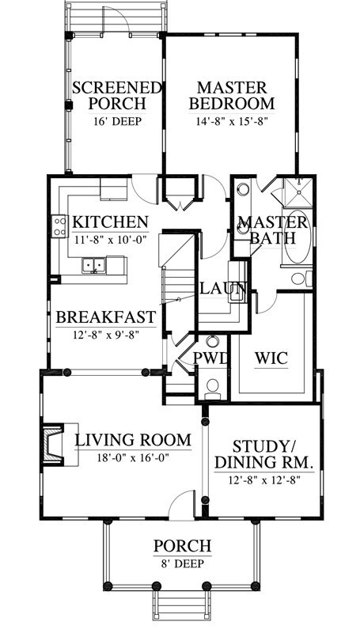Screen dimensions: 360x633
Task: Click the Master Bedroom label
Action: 232,96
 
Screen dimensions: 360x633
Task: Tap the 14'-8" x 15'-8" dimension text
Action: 232,121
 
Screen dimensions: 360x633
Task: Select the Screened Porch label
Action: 116,96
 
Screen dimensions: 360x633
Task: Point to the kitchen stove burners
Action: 59,226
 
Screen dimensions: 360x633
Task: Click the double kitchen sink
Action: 93,265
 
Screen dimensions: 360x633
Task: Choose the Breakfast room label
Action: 106,317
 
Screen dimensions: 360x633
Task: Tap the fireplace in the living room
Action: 53,445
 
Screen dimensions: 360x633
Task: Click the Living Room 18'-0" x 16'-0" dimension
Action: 133,458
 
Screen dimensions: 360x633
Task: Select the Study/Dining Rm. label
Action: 264,454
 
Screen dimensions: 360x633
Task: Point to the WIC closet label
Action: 271,358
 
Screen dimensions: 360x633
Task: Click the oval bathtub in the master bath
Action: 297,237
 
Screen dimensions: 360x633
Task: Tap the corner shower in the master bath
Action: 298,192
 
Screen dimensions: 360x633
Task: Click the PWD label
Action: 210,358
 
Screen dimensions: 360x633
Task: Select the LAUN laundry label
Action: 223,288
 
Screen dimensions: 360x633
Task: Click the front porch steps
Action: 182,605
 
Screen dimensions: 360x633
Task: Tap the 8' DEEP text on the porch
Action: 182,563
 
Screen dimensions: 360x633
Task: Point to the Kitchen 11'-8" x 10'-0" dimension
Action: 110,239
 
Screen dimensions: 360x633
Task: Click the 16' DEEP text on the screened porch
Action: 117,121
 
